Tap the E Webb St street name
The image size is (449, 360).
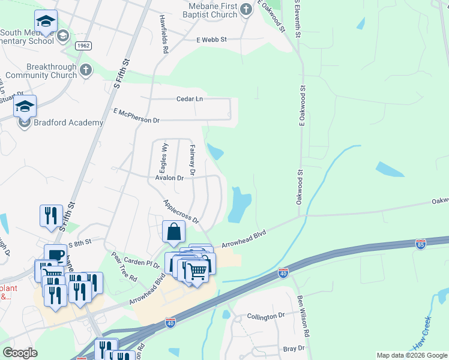211,40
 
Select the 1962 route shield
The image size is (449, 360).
83,46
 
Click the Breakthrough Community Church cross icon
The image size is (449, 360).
85,70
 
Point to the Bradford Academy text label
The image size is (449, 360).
69,122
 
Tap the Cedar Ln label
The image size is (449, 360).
190,99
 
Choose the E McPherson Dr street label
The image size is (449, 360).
136,116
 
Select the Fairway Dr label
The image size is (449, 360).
193,160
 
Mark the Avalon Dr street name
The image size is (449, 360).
169,178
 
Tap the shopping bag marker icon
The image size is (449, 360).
173,231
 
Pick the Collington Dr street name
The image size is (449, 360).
266,316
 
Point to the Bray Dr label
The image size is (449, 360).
294,348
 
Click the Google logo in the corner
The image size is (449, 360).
20,353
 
